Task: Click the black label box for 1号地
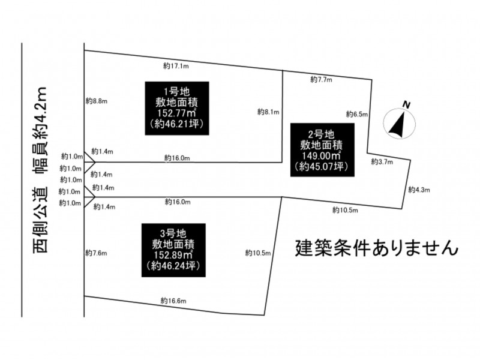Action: coord(177,108)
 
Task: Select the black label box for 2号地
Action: coord(322,150)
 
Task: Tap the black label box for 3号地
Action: coord(173,250)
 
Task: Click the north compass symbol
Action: coord(400,123)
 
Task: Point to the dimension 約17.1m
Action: coord(176,66)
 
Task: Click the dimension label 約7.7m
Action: coord(321,80)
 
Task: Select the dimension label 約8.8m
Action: coord(97,101)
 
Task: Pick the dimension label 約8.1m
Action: coord(268,112)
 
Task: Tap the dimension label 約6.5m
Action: coord(357,114)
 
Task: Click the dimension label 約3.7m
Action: coord(382,161)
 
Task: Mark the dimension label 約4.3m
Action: coord(419,190)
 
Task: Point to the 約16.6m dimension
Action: coord(173,301)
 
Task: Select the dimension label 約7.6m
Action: coord(96,253)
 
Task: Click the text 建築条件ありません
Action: coord(377,248)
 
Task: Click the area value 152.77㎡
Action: coord(177,113)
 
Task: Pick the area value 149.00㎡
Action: coord(322,156)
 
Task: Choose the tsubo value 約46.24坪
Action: coord(173,266)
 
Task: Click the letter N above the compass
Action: coord(407,104)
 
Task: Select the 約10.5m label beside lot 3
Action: coord(258,253)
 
